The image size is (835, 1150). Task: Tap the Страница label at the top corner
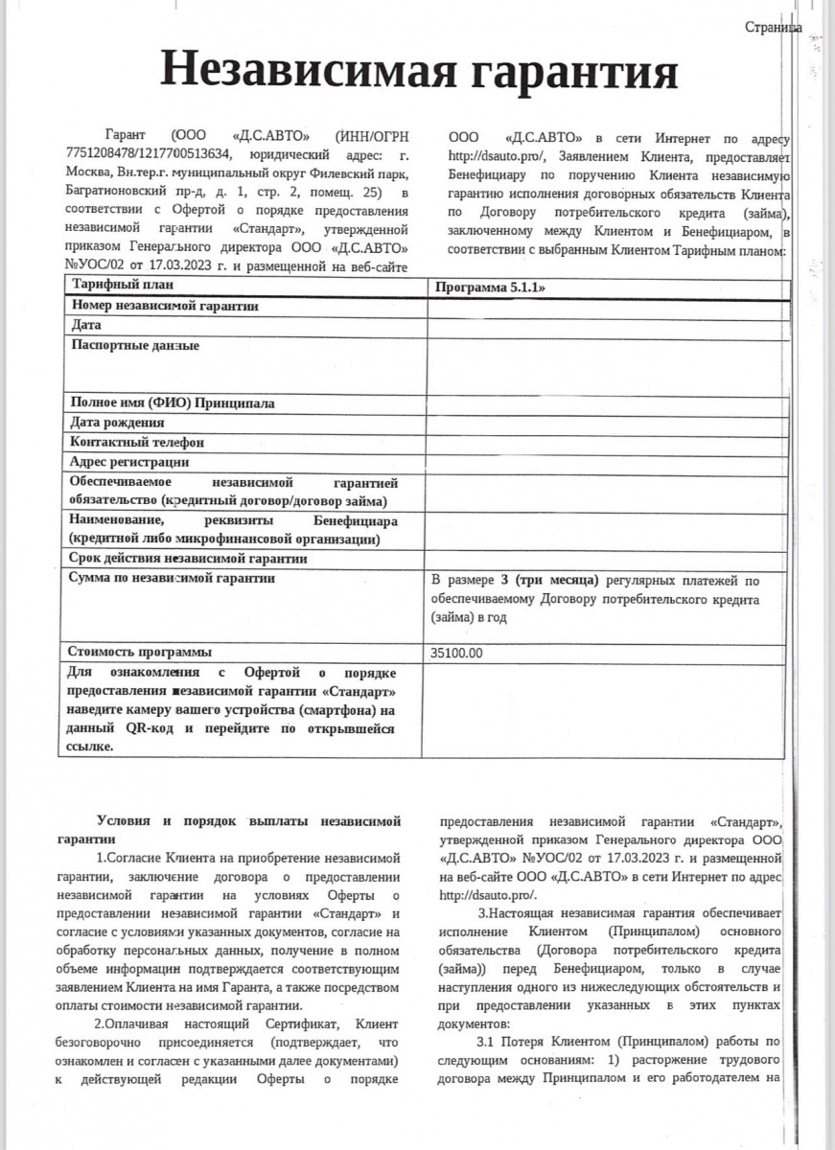point(773,28)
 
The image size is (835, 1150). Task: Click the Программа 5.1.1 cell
point(497,287)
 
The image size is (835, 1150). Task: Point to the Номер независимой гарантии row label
point(166,306)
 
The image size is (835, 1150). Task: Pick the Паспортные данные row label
point(135,345)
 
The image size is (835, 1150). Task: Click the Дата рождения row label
point(117,422)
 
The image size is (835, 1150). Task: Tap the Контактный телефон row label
point(136,442)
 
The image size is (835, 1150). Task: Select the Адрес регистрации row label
point(128,462)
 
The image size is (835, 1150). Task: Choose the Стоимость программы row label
point(140,652)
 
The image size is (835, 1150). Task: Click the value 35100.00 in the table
point(457,653)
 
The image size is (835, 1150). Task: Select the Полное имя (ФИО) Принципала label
point(173,403)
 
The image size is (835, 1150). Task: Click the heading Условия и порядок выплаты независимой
point(248,821)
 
